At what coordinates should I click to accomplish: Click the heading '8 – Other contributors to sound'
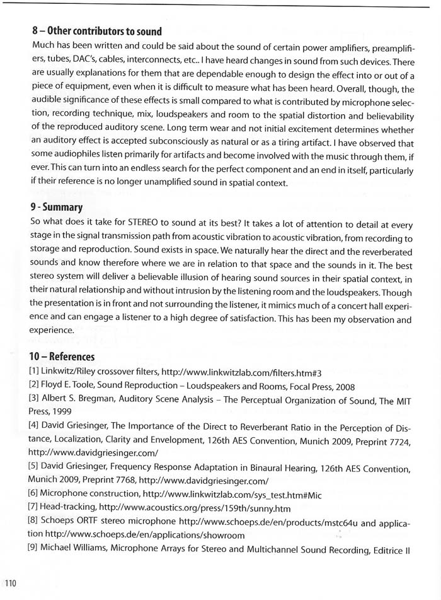click(96, 32)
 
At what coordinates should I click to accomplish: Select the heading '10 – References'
click(62, 357)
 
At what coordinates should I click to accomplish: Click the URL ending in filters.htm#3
click(241, 372)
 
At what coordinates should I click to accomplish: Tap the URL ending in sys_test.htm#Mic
click(232, 495)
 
